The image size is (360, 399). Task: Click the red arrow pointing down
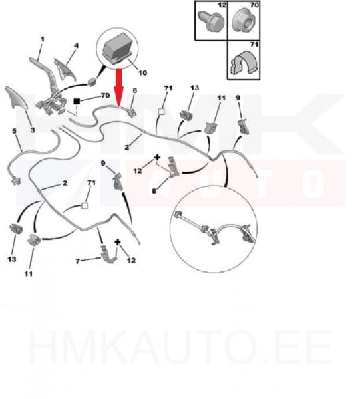pyautogui.click(x=119, y=87)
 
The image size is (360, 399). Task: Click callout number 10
pyautogui.click(x=142, y=73)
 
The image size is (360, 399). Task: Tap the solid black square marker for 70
pyautogui.click(x=77, y=101)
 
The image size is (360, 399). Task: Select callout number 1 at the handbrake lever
pyautogui.click(x=43, y=39)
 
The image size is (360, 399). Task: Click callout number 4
pyautogui.click(x=76, y=45)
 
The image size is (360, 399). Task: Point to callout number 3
pyautogui.click(x=33, y=130)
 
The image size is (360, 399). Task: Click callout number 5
pyautogui.click(x=14, y=131)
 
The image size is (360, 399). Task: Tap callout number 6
pyautogui.click(x=134, y=90)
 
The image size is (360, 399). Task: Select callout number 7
pyautogui.click(x=78, y=261)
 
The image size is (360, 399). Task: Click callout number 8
pyautogui.click(x=154, y=191)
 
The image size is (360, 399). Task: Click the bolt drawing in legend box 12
pyautogui.click(x=211, y=21)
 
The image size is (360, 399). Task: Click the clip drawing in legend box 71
pyautogui.click(x=243, y=63)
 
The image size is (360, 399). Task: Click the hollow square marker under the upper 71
pyautogui.click(x=162, y=112)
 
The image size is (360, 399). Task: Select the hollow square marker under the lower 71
pyautogui.click(x=85, y=205)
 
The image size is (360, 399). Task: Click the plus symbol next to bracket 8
pyautogui.click(x=157, y=158)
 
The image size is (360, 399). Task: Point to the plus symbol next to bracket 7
pyautogui.click(x=117, y=242)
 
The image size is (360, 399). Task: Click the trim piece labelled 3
pyautogui.click(x=16, y=98)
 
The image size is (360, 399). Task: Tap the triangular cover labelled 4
pyautogui.click(x=64, y=70)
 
